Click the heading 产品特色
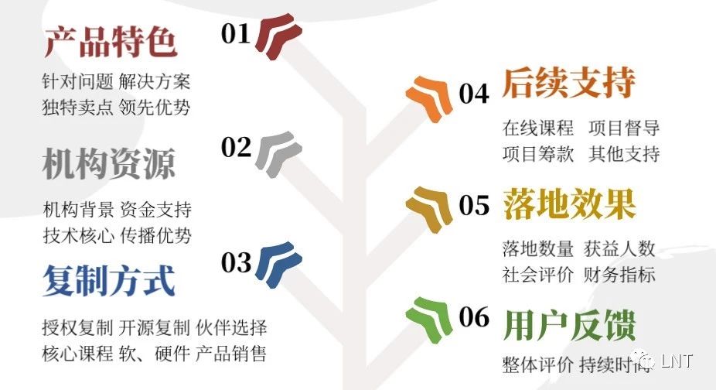tap(111, 42)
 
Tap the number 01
tap(236, 34)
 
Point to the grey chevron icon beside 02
tap(278, 154)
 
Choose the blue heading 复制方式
tap(109, 280)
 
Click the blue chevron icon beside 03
tap(278, 265)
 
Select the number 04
tap(474, 94)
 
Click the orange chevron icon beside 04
tap(429, 98)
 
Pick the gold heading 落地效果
tap(569, 204)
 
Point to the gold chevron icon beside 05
tap(429, 209)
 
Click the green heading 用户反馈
tap(569, 325)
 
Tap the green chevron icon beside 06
tap(429, 320)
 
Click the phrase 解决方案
tap(155, 81)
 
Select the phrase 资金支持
tap(155, 210)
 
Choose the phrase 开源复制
tap(155, 328)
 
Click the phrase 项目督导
tap(624, 128)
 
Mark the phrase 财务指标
tap(619, 275)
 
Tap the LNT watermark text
tap(677, 361)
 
